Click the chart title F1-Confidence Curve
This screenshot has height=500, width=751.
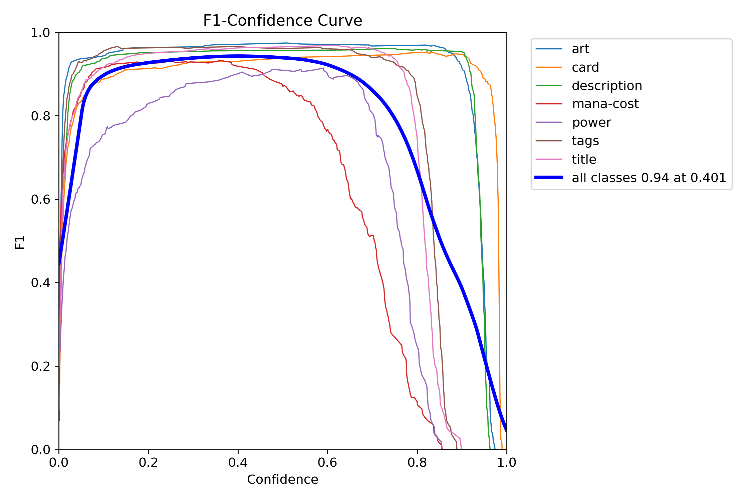pyautogui.click(x=282, y=21)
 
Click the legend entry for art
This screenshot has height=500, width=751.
pyautogui.click(x=580, y=49)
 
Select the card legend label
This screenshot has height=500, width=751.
pyautogui.click(x=585, y=67)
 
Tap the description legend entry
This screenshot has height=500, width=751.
pyautogui.click(x=606, y=86)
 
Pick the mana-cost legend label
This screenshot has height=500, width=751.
pyautogui.click(x=605, y=104)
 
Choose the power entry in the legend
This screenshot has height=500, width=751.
pyautogui.click(x=591, y=122)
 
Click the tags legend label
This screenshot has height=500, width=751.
pyautogui.click(x=585, y=141)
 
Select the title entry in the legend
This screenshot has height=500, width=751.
pyautogui.click(x=584, y=159)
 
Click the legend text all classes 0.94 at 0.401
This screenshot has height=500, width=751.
pyautogui.click(x=649, y=178)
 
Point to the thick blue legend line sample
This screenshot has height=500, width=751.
pyautogui.click(x=549, y=177)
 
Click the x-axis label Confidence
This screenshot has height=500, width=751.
pyautogui.click(x=282, y=479)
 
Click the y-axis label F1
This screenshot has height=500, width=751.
pyautogui.click(x=20, y=242)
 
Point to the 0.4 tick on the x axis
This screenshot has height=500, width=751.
pyautogui.click(x=238, y=462)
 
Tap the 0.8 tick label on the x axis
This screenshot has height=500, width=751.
pyautogui.click(x=417, y=462)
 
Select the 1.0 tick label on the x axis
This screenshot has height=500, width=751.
pyautogui.click(x=506, y=462)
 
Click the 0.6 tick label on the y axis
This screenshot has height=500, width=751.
pyautogui.click(x=40, y=199)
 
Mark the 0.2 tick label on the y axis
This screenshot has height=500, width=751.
pyautogui.click(x=40, y=366)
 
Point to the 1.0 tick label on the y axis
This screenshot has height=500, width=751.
pyautogui.click(x=40, y=33)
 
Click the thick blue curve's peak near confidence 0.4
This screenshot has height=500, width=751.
pyautogui.click(x=238, y=56)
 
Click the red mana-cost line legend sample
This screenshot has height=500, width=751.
pyautogui.click(x=549, y=104)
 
